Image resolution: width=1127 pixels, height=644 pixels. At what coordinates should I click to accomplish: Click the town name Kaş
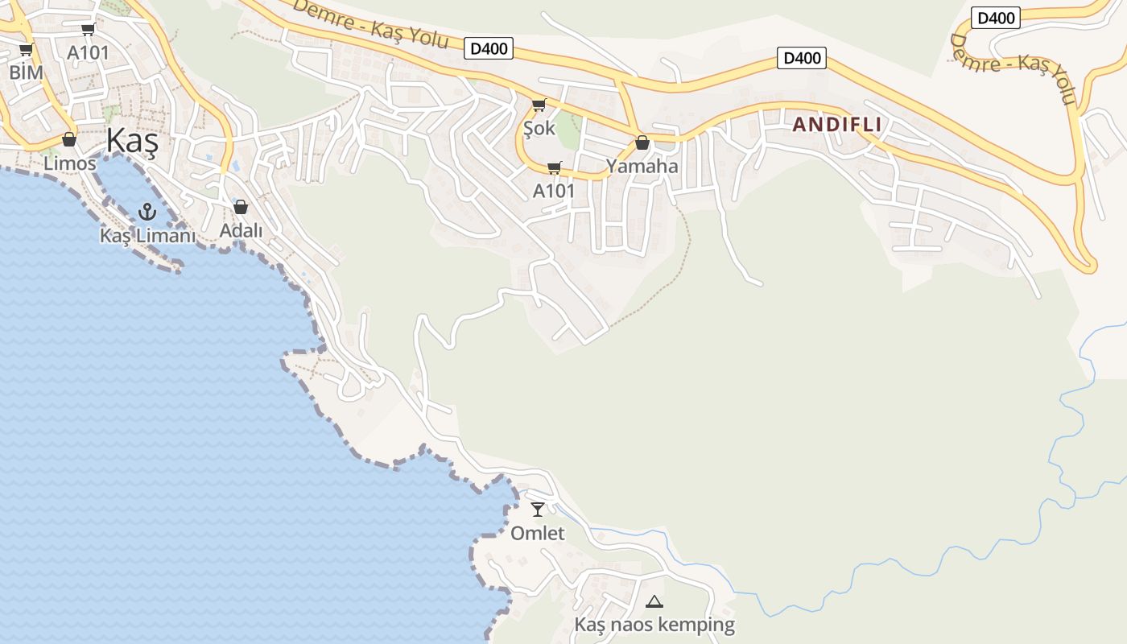coord(132,142)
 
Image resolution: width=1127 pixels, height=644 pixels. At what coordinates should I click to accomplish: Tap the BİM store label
coord(26,72)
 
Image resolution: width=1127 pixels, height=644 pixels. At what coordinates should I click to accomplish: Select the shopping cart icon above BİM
coord(26,50)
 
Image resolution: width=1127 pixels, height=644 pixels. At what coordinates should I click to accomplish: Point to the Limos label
coord(70,163)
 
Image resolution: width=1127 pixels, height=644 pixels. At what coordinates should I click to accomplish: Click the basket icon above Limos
coord(69,140)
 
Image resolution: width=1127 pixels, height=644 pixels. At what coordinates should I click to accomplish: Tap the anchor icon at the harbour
coord(147,212)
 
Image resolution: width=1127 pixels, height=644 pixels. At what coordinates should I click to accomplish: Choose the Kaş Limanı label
coord(147,236)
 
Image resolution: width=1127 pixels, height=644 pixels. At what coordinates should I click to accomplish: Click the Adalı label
coord(241,230)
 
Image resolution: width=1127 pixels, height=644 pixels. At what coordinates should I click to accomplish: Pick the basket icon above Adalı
coord(240,207)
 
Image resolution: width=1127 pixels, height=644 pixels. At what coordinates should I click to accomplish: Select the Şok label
coord(539,128)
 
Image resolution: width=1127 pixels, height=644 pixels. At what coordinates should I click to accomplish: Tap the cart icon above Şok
coord(539,105)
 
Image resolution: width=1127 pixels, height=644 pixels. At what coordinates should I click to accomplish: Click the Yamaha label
coord(642,167)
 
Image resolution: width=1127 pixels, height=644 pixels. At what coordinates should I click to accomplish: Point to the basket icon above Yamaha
coord(642,143)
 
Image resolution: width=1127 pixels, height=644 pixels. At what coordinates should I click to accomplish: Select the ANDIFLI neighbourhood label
coord(837,125)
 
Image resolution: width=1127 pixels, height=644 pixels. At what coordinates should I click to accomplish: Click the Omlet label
coord(538,533)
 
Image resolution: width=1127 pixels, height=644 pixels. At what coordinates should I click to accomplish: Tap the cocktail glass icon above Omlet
coord(538,510)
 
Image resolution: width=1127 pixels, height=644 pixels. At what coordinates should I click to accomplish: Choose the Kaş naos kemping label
coord(654,625)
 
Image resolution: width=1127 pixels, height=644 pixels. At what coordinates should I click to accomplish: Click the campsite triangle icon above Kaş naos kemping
coord(654,601)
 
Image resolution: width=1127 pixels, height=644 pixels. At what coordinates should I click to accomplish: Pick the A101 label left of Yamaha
coord(554,191)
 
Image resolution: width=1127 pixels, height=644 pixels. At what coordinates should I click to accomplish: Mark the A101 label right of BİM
coord(88,52)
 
